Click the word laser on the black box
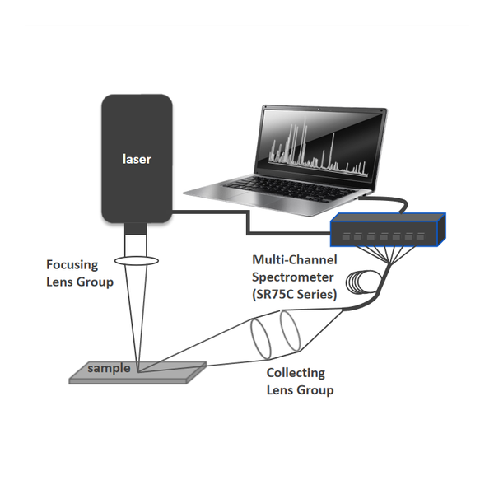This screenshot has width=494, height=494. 137,159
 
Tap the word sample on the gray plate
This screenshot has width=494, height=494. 109,368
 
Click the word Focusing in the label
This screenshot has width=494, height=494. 72,265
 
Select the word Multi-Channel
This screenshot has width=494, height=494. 295,259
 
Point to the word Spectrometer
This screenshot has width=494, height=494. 292,277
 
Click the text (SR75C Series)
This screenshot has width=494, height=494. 295,294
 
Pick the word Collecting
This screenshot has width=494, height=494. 296,373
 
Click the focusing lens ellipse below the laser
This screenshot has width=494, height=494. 137,260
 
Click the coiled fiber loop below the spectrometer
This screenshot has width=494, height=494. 359,282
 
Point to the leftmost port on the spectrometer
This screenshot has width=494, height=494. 346,236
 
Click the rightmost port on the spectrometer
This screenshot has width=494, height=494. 420,236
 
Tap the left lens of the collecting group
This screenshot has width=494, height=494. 260,338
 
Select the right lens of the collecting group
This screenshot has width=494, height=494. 290,331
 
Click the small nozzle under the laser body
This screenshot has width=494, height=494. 136,229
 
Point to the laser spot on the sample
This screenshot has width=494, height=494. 138,372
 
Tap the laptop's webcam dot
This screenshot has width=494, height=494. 319,110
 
